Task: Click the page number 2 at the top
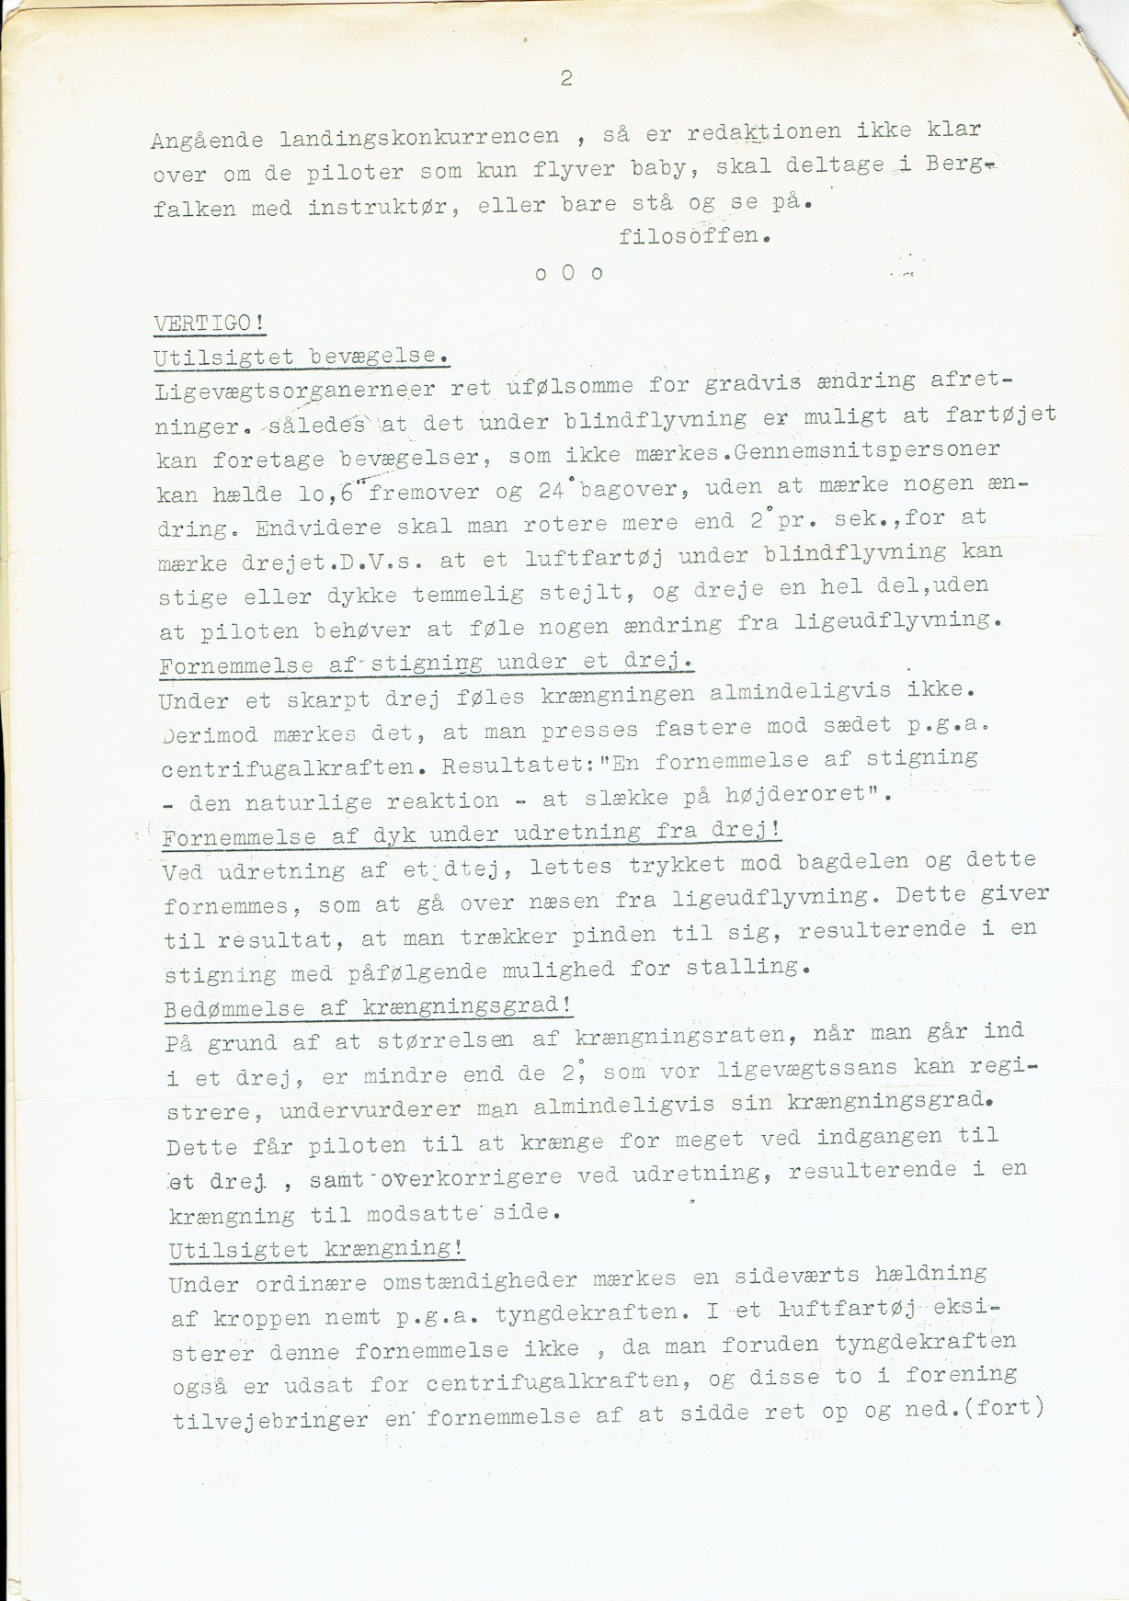tap(565, 79)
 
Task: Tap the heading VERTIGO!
tap(210, 323)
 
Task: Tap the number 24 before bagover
tap(551, 490)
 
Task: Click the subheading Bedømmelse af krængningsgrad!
tap(369, 1007)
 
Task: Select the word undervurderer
tap(371, 1109)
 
